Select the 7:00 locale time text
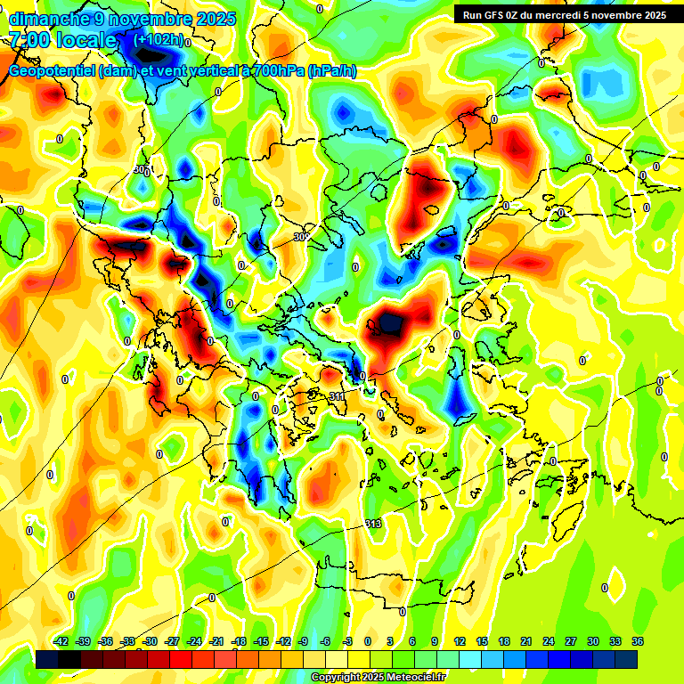[62, 40]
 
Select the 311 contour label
[337, 395]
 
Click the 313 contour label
[373, 524]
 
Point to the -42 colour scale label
[61, 641]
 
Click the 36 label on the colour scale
[637, 641]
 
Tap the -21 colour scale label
[216, 641]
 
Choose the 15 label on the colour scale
[481, 641]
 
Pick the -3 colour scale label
[348, 641]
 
